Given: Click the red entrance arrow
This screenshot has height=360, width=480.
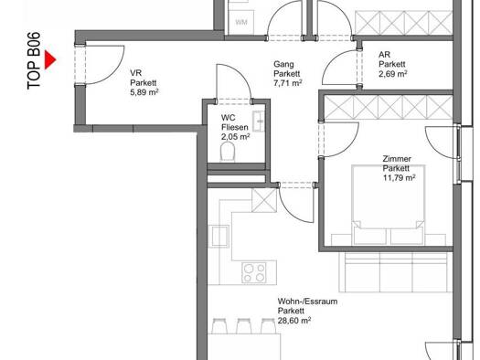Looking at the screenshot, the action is pos(50,59).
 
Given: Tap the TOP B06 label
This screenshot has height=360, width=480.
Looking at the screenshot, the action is pos(34,60).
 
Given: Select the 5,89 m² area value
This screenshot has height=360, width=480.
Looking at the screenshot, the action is pos(144,92).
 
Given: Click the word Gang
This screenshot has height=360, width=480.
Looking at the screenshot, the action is pos(283,65).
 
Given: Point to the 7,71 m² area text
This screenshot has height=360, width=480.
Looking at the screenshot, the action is pos(288,83).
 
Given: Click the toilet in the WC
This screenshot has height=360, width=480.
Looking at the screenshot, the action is pos(228,152).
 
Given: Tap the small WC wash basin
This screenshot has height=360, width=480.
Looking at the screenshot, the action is pos(259,122).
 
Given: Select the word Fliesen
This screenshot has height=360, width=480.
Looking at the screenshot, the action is pos(234,127).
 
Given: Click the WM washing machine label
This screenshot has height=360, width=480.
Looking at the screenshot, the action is pos(241,22).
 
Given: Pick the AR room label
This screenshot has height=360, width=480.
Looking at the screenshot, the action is pos(385,55).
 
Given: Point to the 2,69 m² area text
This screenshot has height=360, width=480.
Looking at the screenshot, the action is pos(393,74).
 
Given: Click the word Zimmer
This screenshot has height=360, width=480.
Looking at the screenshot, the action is pos(397,159).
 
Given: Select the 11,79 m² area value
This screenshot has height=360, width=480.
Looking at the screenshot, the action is pos(399,177).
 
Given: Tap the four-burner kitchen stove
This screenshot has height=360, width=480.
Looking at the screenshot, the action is pos(254,272).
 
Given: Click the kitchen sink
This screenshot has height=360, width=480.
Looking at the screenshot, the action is pos(219,236).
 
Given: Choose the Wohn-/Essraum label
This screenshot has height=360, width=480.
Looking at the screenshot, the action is pos(307,302).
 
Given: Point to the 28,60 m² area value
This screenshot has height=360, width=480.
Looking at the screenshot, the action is pos(294,320).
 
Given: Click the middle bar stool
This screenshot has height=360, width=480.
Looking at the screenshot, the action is pos(244,326).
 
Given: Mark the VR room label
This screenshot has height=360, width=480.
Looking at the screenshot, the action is pos(135,73).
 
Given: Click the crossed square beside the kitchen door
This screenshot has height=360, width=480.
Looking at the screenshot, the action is pos(264,200).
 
